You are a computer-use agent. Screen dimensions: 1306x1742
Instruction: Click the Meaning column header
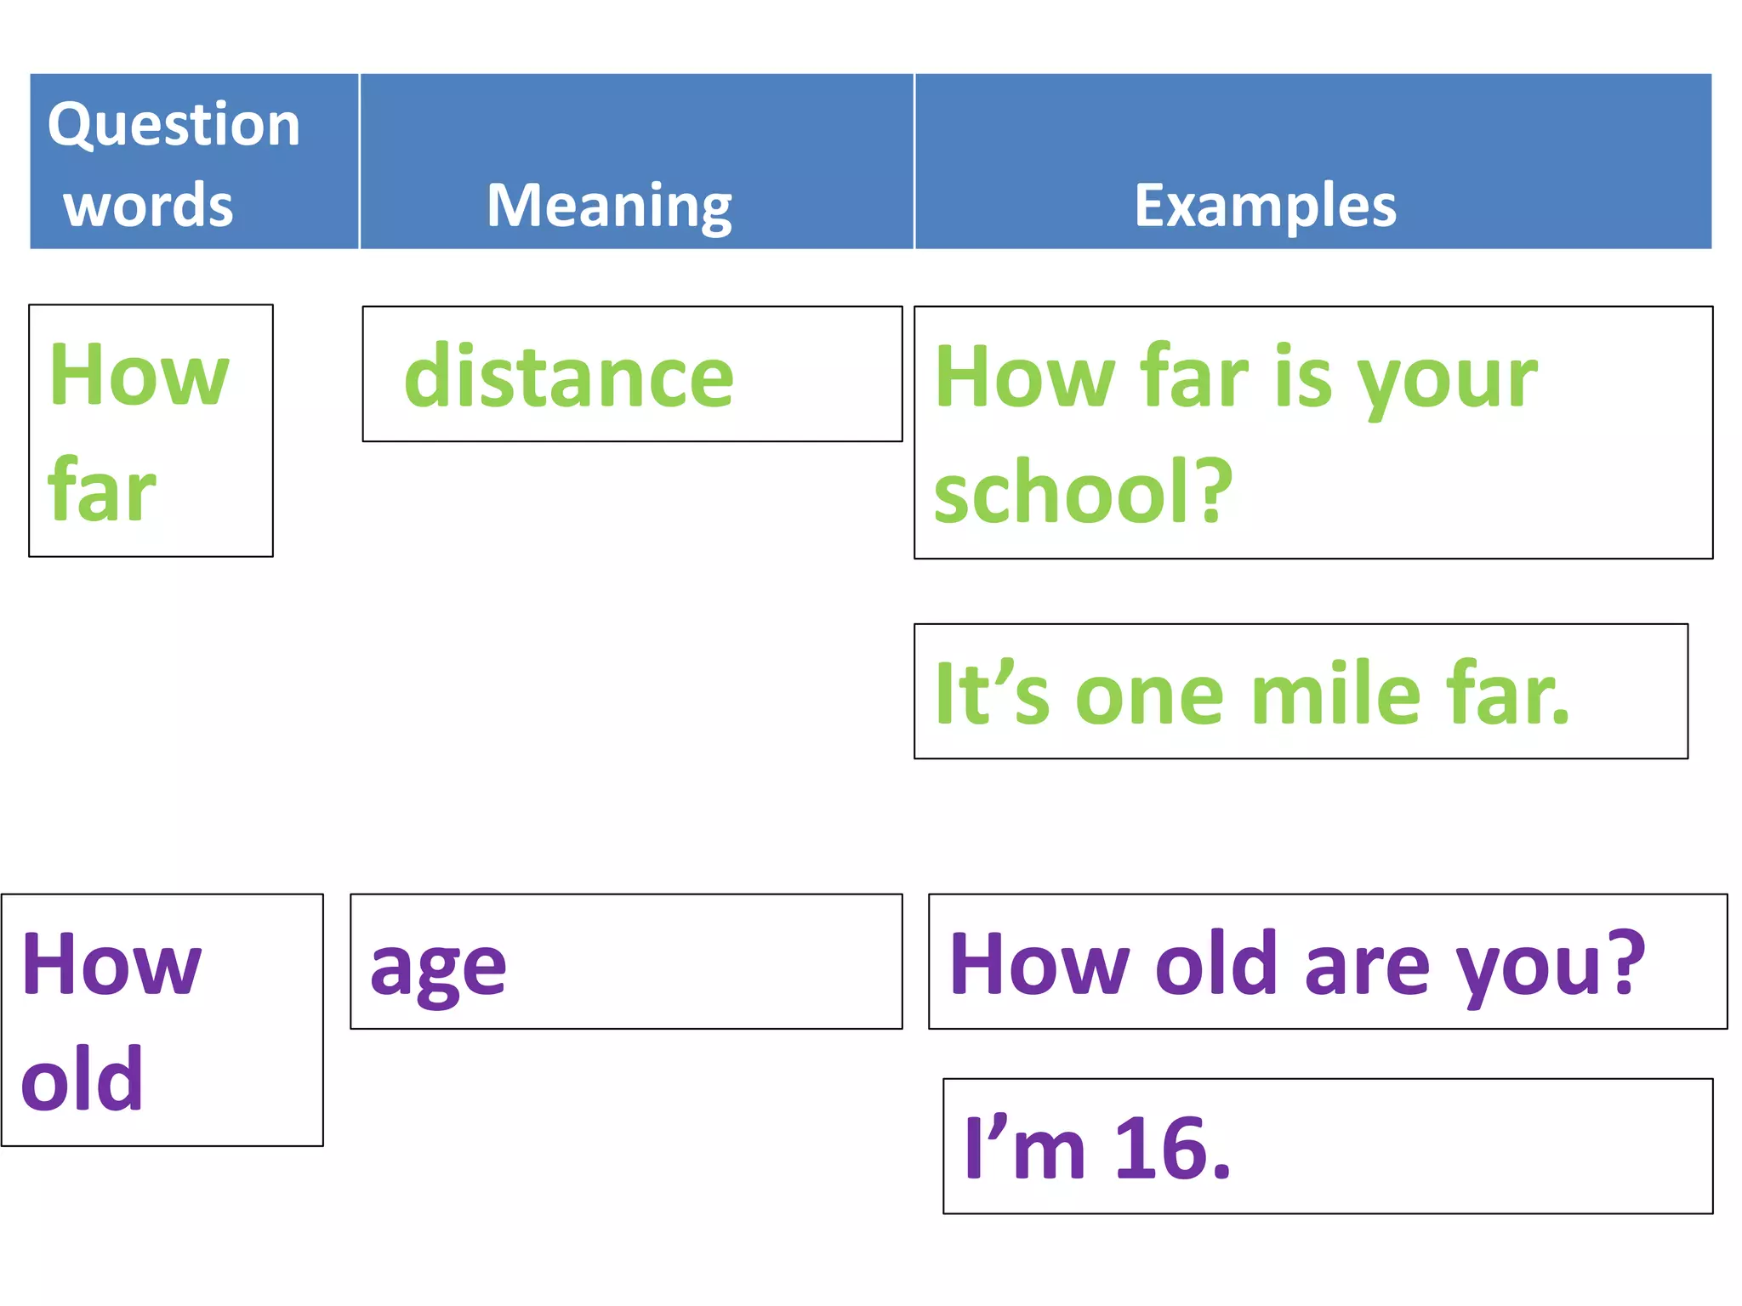coord(609,206)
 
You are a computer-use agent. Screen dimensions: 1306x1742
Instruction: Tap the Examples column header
coord(1265,206)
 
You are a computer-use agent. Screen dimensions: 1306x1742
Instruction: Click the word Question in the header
coord(174,125)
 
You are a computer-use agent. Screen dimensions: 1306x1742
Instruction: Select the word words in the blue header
coord(148,206)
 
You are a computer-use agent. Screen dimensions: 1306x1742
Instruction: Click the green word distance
coord(568,377)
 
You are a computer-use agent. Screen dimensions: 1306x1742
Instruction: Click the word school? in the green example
coord(1083,491)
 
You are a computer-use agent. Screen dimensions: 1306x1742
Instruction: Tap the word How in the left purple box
coord(111,964)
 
